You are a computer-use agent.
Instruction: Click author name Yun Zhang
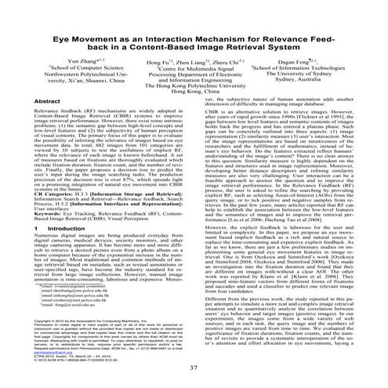click(x=68, y=59)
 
